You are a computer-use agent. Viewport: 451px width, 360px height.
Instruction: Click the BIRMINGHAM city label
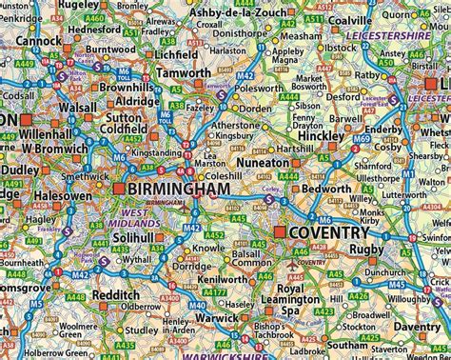pos(179,190)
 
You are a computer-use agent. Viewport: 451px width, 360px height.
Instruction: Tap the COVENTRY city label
pos(329,233)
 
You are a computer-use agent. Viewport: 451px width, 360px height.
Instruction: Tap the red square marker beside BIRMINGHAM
pos(118,190)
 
